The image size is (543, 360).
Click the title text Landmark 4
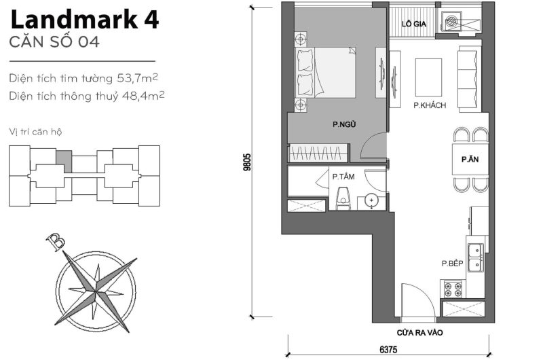(x=84, y=20)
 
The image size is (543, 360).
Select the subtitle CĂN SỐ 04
(x=54, y=43)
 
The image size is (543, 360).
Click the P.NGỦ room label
(x=344, y=124)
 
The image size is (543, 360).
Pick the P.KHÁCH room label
(x=429, y=105)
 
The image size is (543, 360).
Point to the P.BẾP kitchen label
(x=451, y=264)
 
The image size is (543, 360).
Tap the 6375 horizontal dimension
(x=388, y=350)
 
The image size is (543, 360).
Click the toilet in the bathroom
(x=343, y=199)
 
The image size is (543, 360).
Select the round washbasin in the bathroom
(x=371, y=200)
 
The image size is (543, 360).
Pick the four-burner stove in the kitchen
(x=453, y=289)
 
